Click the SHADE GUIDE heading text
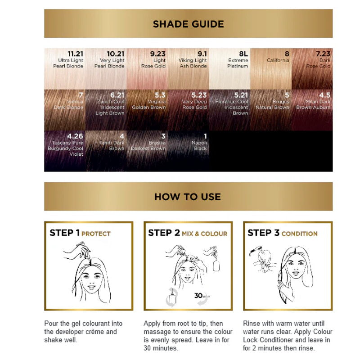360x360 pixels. tap(188, 24)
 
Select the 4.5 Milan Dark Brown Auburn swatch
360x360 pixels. tap(312, 110)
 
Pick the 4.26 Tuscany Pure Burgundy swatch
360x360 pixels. tap(65, 151)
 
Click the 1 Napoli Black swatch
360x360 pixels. tap(189, 151)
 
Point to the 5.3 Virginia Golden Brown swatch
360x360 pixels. tap(147, 110)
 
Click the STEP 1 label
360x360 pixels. tap(64, 233)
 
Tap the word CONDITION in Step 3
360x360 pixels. tap(299, 234)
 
